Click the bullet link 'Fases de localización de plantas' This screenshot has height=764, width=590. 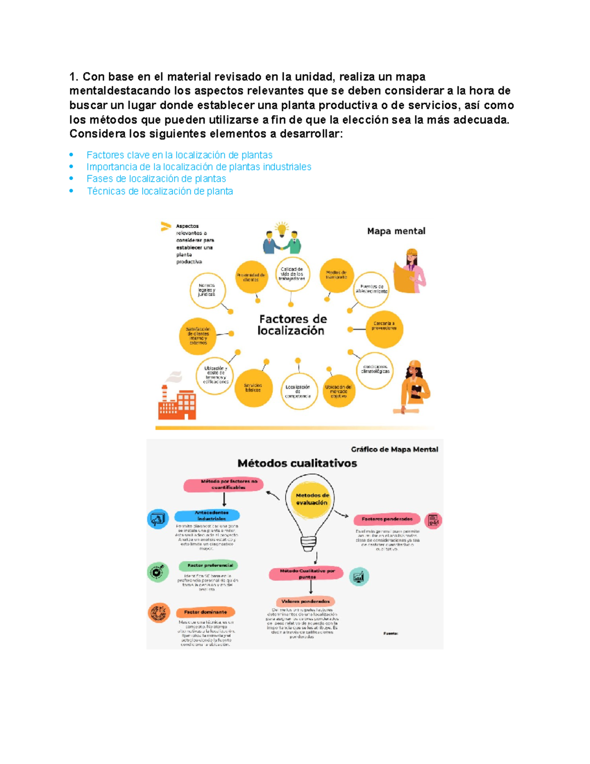click(156, 179)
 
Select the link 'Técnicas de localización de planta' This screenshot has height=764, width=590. click(160, 191)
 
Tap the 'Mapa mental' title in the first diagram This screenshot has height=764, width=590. click(396, 231)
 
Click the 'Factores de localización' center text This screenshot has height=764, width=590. click(292, 325)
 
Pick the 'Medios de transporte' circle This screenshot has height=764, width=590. click(336, 275)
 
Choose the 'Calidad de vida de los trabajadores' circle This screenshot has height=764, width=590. click(292, 274)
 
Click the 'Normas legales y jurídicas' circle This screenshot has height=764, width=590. click(207, 290)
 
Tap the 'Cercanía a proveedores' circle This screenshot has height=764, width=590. click(384, 328)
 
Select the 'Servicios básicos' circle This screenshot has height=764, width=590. click(253, 388)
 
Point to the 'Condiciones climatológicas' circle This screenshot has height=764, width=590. click(375, 369)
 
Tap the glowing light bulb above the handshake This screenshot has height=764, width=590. click(282, 229)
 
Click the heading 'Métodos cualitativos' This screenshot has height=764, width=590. click(297, 463)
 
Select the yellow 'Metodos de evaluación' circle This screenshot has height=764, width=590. click(311, 499)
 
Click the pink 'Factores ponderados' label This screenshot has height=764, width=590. click(387, 519)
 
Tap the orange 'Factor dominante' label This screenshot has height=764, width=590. click(206, 612)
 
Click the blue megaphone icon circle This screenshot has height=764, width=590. click(158, 519)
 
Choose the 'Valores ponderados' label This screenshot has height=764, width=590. click(305, 601)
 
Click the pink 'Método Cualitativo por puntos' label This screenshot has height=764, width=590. click(307, 574)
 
